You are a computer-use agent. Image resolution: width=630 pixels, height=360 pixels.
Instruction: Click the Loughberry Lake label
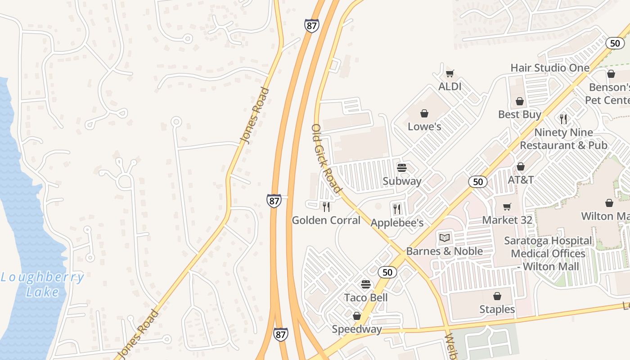point(42,284)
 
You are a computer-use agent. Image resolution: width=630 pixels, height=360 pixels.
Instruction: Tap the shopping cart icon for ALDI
point(450,74)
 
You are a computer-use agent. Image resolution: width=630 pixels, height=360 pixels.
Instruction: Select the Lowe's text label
point(424,126)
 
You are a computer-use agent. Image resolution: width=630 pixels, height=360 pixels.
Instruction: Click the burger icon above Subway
point(402,168)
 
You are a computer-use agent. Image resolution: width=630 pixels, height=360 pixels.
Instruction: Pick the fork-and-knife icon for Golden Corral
point(326,207)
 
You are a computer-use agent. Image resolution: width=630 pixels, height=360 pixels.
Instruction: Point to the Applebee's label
point(397,223)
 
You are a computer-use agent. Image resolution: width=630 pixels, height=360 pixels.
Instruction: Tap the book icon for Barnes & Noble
point(445,238)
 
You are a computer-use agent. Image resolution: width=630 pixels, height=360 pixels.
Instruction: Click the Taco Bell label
point(366,297)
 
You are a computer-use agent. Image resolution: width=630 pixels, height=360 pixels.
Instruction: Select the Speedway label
point(357,329)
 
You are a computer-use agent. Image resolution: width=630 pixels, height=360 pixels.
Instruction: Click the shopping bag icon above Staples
point(497,296)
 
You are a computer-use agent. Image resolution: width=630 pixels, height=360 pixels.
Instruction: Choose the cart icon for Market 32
point(507,207)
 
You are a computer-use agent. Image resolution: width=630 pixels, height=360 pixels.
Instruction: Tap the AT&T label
point(521,180)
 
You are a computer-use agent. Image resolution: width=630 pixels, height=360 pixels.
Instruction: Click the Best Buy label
point(520,114)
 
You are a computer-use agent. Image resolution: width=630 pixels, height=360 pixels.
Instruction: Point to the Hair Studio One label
point(550,68)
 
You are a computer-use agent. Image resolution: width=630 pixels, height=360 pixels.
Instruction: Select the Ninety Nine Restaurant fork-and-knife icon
point(563,119)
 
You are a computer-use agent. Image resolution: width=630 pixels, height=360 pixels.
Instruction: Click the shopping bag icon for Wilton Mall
point(609,203)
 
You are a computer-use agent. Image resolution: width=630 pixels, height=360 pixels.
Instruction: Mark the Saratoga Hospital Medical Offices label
point(548,253)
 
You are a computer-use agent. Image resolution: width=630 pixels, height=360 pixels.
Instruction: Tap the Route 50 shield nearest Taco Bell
point(387,272)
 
